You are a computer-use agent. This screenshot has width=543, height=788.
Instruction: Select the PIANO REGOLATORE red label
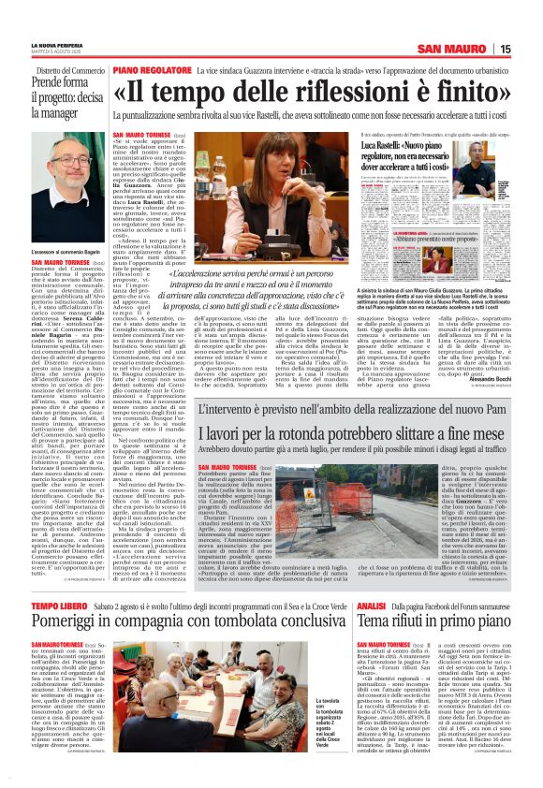coord(153,70)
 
